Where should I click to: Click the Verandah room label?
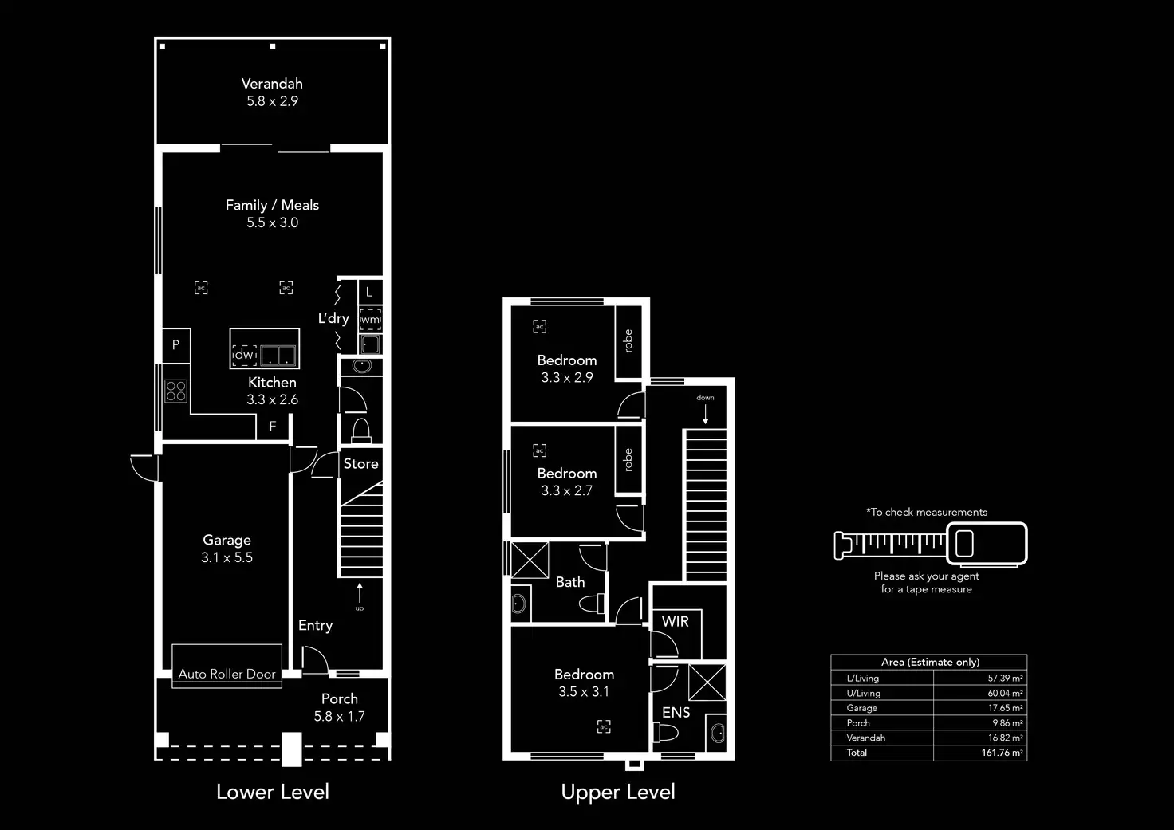pos(272,84)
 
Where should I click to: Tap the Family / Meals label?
pos(272,205)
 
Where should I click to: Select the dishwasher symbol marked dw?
pos(244,355)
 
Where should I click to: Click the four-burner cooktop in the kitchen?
pos(176,391)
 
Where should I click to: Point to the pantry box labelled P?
pos(176,344)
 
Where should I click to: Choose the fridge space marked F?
pos(272,427)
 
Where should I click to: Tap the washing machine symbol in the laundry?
pos(370,320)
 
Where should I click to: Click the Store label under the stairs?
pos(360,463)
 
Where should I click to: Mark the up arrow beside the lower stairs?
pos(360,593)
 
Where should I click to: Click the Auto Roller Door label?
pos(227,674)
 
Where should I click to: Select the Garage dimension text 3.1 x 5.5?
pos(227,557)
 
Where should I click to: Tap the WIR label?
pos(675,621)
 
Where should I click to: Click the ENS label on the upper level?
pos(676,712)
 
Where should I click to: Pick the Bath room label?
pos(570,582)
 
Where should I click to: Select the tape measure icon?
pos(930,544)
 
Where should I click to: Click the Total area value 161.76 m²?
pos(1002,753)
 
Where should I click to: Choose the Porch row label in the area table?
pos(858,723)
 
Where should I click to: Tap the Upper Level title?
pos(618,792)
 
